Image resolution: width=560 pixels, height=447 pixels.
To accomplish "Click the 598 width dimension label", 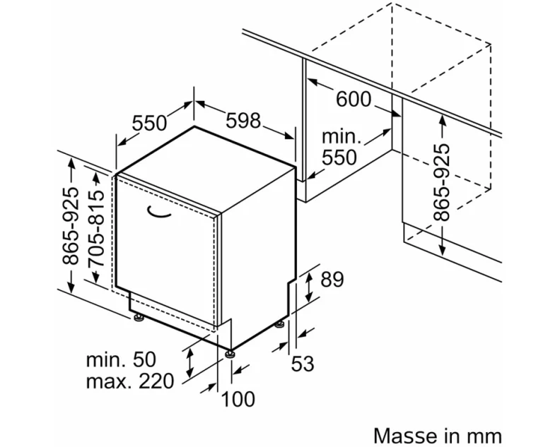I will coord(243,121).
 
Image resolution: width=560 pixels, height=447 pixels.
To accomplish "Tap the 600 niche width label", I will coord(353,100).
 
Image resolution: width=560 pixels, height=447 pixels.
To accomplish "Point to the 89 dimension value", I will coord(332,280).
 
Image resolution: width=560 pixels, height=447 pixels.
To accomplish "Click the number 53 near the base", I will coord(302,364).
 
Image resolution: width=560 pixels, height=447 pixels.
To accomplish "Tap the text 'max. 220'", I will coord(129,382).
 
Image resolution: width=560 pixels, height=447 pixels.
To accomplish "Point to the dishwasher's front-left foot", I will coord(139,317).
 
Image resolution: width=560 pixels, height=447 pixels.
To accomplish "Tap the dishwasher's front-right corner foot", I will coord(230,352).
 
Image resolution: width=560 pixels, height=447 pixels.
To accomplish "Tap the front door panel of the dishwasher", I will coord(166,247).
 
